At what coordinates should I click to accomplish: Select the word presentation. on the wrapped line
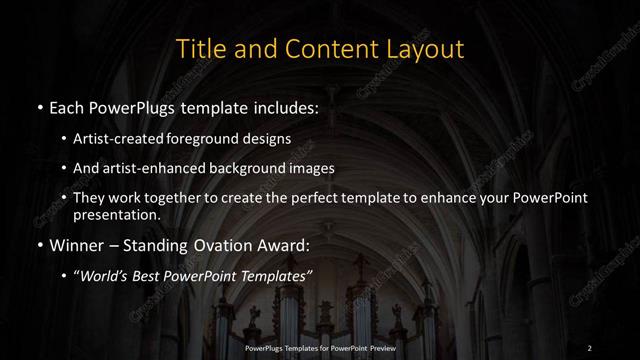click(x=116, y=215)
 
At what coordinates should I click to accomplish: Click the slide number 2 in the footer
click(x=590, y=347)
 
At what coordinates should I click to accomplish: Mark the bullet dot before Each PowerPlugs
click(x=39, y=106)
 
